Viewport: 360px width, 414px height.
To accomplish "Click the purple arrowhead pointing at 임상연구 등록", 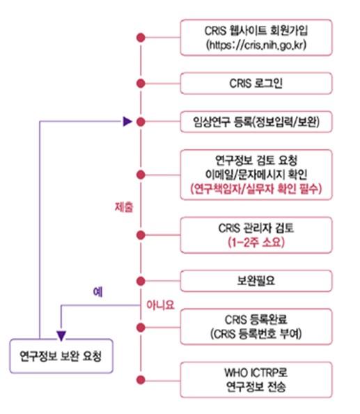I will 127,121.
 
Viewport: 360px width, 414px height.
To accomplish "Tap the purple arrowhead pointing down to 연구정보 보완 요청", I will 61,331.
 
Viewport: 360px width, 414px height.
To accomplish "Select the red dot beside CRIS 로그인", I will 141,84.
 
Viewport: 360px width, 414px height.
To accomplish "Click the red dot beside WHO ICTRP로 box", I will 141,380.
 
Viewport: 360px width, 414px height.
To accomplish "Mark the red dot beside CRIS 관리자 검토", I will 141,234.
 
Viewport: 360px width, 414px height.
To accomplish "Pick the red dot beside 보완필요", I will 141,282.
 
